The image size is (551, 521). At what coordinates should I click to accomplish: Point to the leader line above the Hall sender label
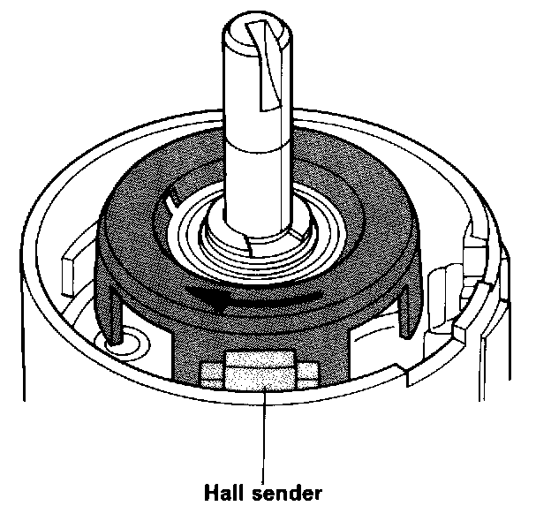pyautogui.click(x=263, y=433)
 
